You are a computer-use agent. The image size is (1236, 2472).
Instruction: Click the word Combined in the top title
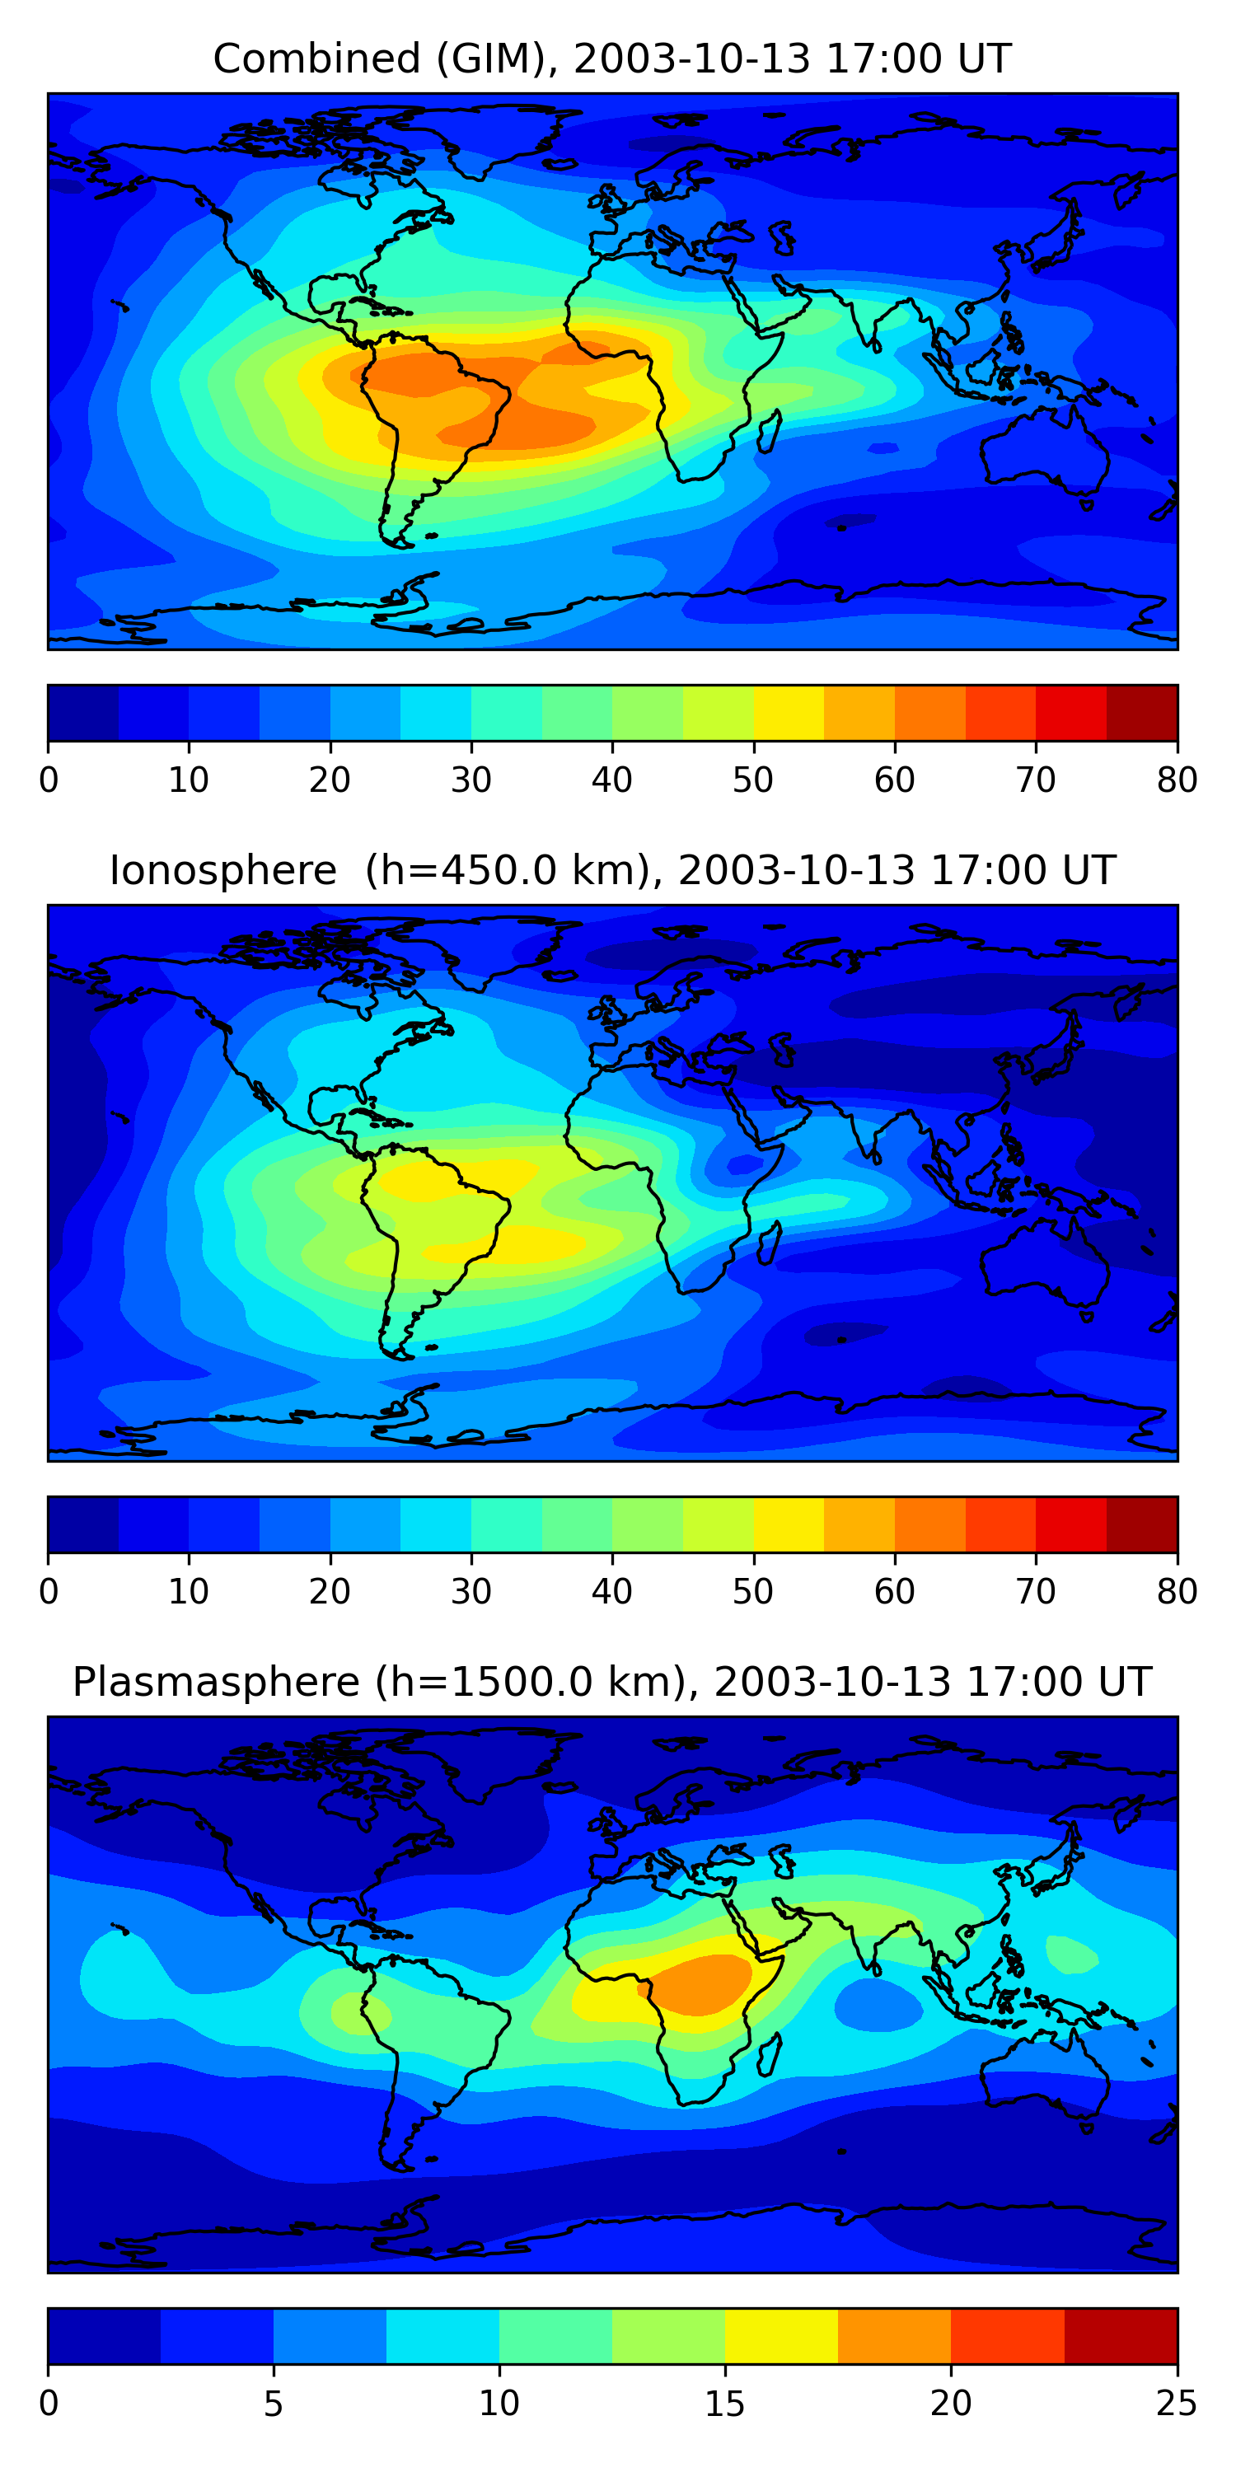(316, 59)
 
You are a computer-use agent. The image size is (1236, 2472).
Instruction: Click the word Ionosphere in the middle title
(222, 870)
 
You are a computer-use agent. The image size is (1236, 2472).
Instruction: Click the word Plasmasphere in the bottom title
(215, 1683)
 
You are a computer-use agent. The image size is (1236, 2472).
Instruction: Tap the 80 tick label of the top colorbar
(1177, 780)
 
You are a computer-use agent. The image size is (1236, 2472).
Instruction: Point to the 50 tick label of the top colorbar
(753, 780)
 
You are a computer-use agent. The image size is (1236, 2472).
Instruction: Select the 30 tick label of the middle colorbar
(471, 1592)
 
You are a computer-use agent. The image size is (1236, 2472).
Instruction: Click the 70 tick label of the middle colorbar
(1036, 1592)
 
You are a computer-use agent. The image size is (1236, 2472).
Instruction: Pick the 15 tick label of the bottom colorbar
(724, 2404)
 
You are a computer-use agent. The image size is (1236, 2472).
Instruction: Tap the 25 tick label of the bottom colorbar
(1177, 2404)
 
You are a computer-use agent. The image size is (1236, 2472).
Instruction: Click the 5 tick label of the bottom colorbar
(274, 2404)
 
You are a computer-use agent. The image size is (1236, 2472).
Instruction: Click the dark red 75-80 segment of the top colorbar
(1142, 713)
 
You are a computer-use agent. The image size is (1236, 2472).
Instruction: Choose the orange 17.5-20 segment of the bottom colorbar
(894, 2337)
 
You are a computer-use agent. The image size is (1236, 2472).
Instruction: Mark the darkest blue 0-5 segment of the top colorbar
(83, 713)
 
